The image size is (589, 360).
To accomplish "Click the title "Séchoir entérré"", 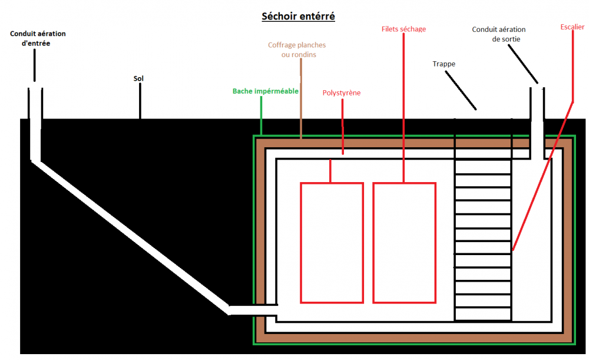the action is (x=298, y=16).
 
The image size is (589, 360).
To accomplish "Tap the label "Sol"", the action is (x=138, y=78).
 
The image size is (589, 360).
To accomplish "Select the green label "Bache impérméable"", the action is (x=266, y=91).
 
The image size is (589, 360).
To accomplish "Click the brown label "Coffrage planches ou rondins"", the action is (x=297, y=49).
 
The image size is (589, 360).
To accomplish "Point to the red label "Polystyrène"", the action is (x=342, y=93).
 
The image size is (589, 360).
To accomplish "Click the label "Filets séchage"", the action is (x=404, y=29).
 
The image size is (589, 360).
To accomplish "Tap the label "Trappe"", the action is (x=444, y=64).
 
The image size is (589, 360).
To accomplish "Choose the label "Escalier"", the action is (x=573, y=27).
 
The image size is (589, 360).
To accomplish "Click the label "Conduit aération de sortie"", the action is (x=499, y=34).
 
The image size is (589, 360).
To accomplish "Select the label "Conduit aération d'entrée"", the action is (x=38, y=38).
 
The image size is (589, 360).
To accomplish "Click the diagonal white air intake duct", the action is (x=131, y=237).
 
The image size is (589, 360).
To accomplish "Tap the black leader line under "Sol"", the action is (x=140, y=101).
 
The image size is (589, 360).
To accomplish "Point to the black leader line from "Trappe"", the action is (x=461, y=90).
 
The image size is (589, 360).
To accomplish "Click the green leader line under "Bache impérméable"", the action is (x=261, y=115).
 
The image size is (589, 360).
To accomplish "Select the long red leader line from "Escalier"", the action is (x=543, y=176).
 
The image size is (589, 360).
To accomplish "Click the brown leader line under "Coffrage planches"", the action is (x=301, y=98).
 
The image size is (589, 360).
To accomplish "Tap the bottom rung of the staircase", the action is (x=483, y=308).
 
